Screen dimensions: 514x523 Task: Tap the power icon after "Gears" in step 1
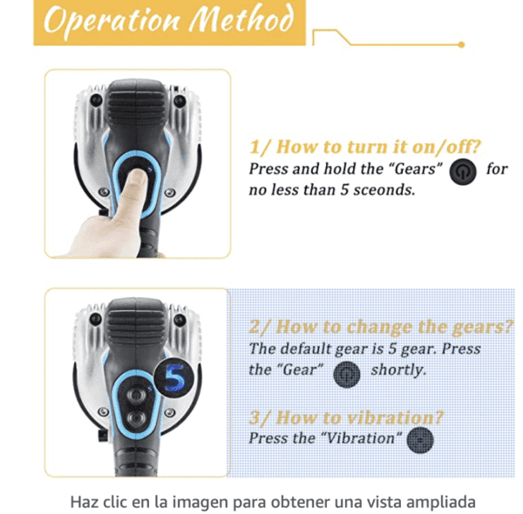pos(462,171)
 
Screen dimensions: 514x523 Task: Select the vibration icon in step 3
pos(420,438)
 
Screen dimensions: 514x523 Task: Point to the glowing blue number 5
pos(174,379)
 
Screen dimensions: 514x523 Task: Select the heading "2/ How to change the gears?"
pos(381,327)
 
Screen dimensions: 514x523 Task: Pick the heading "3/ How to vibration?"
pos(346,417)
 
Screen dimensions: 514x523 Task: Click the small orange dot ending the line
pos(462,44)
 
